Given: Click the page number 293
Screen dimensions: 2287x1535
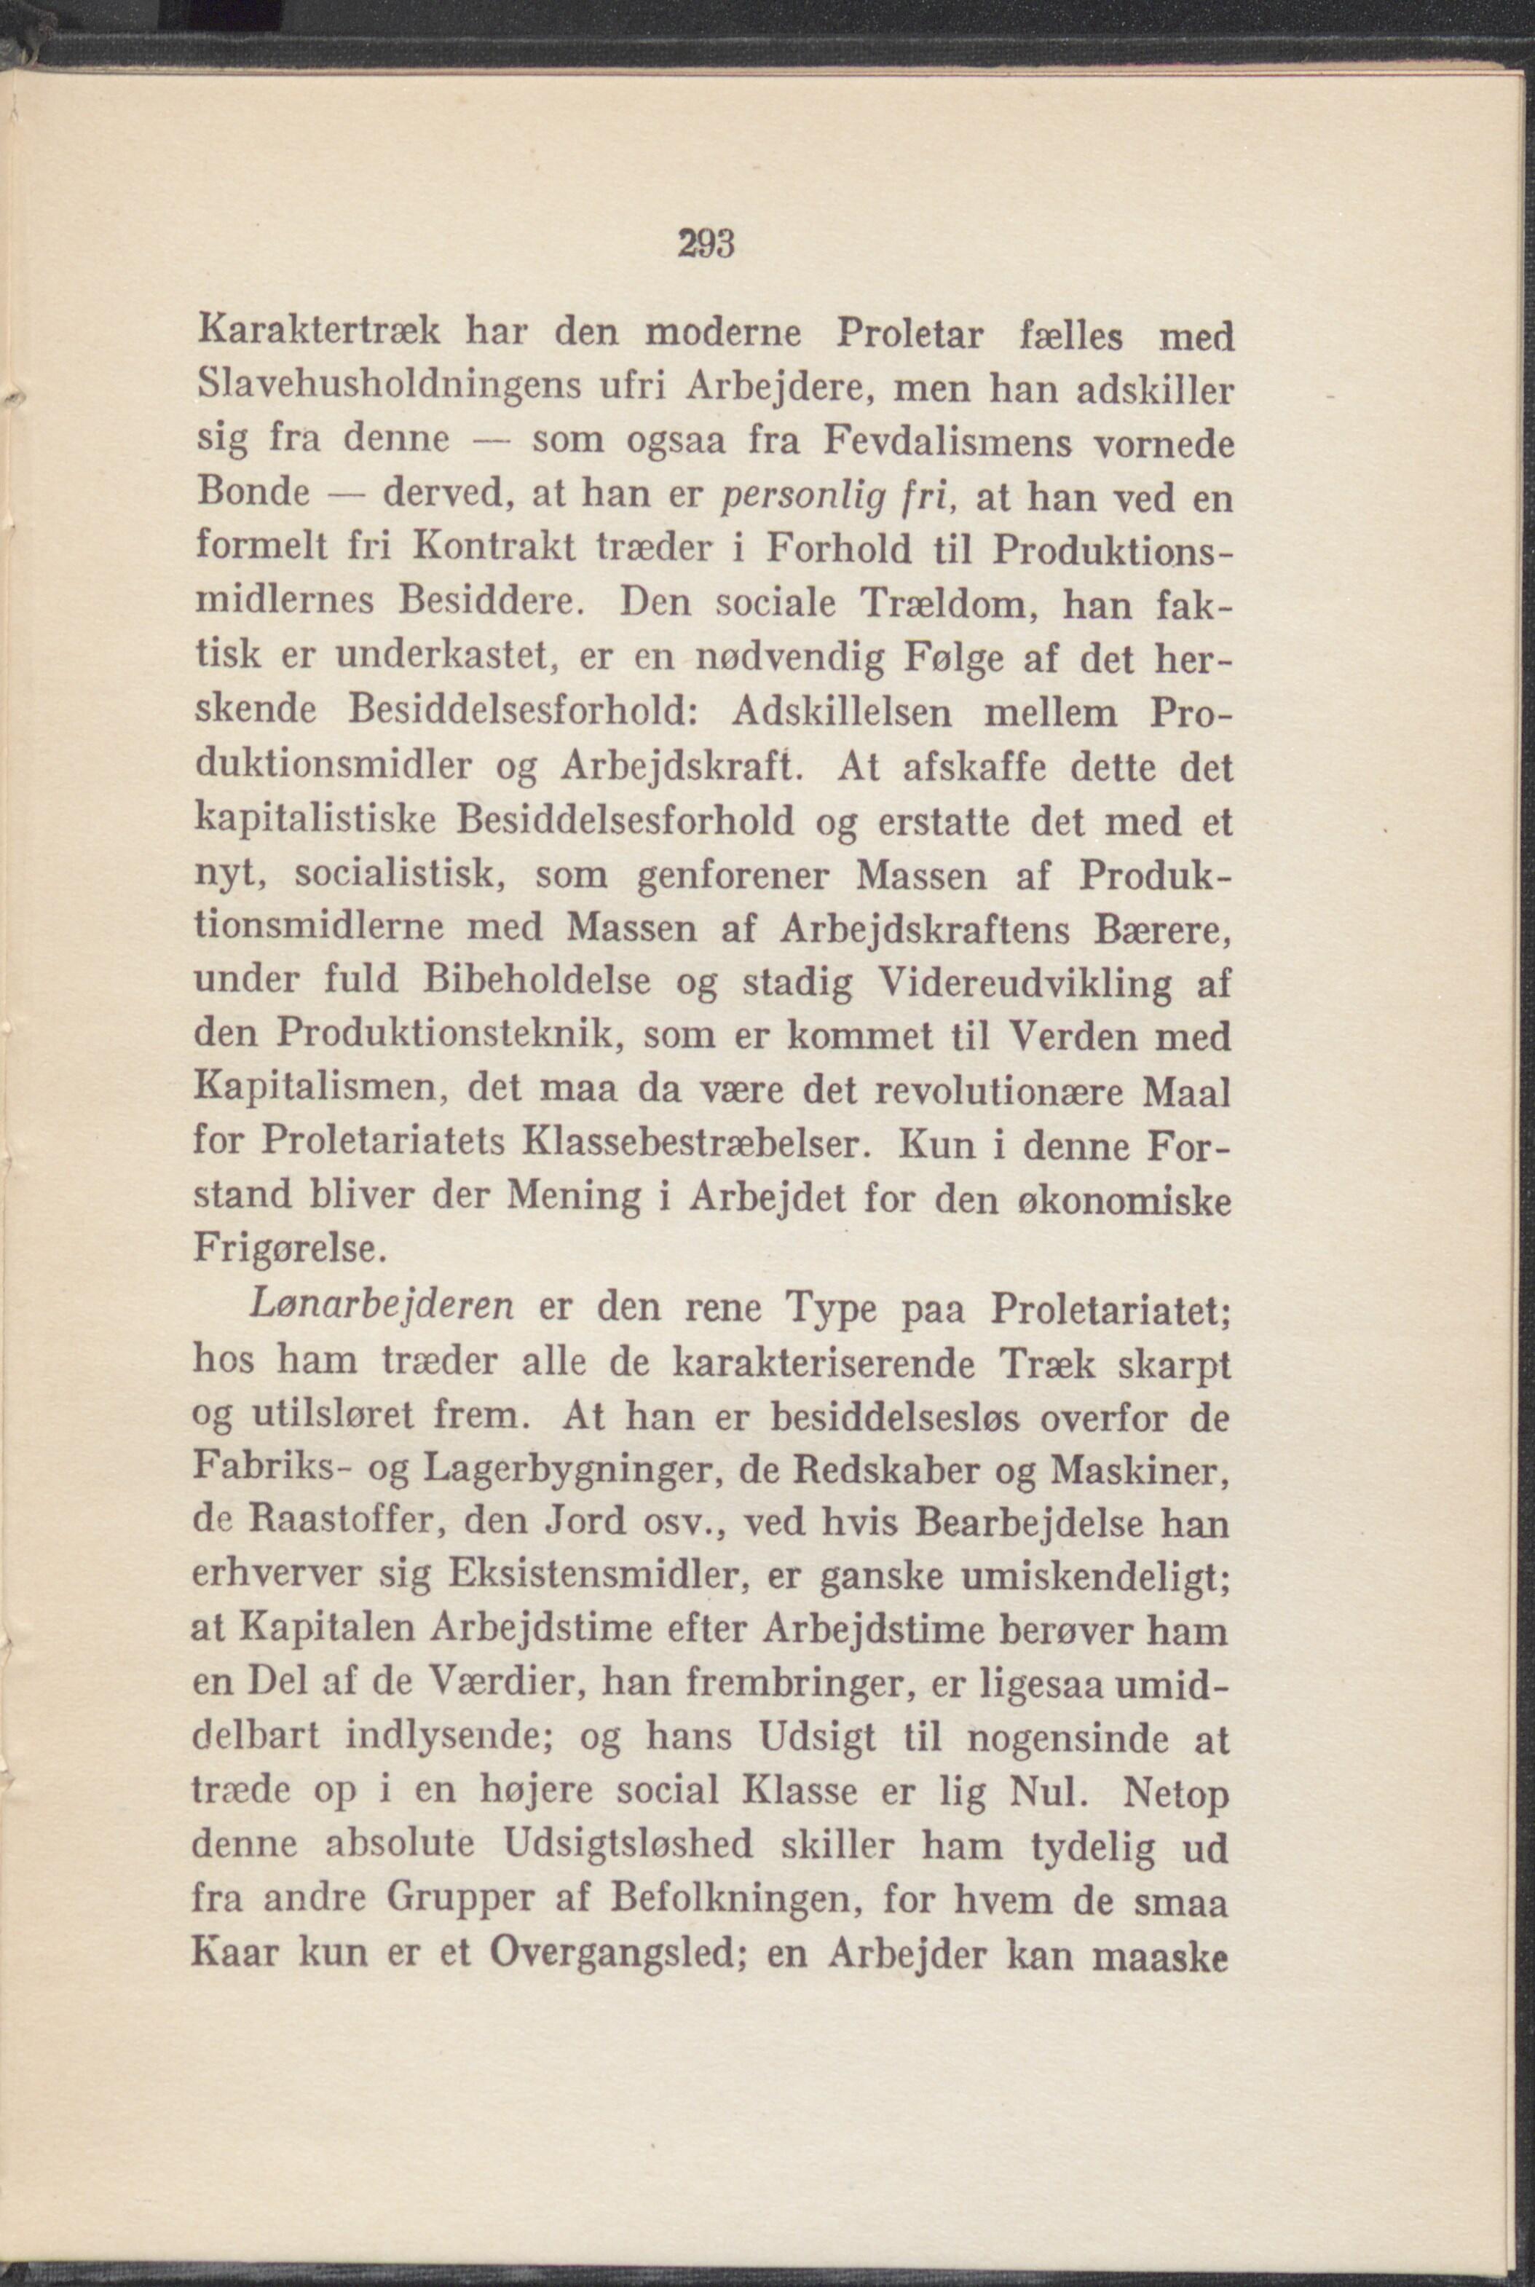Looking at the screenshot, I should [706, 245].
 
